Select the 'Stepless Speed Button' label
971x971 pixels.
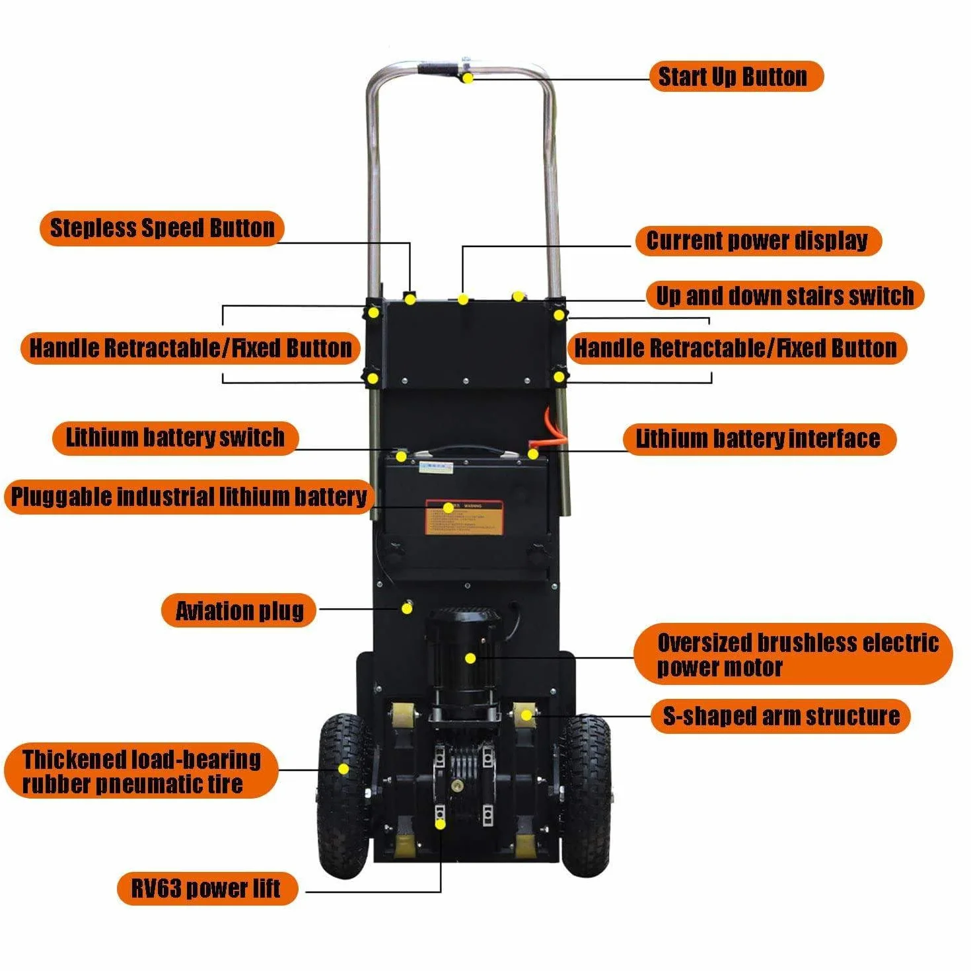point(162,228)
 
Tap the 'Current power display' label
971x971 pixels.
point(758,240)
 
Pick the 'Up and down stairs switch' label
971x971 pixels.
point(785,295)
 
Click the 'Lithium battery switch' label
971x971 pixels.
point(175,437)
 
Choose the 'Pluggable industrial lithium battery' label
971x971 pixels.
point(189,496)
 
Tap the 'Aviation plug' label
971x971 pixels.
point(239,610)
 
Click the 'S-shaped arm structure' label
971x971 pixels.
point(781,716)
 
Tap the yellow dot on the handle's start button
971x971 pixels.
point(468,78)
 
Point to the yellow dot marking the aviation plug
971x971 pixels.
point(407,609)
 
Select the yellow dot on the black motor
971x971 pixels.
point(470,658)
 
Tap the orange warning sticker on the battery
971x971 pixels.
point(464,517)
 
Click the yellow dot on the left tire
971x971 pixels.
point(343,769)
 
